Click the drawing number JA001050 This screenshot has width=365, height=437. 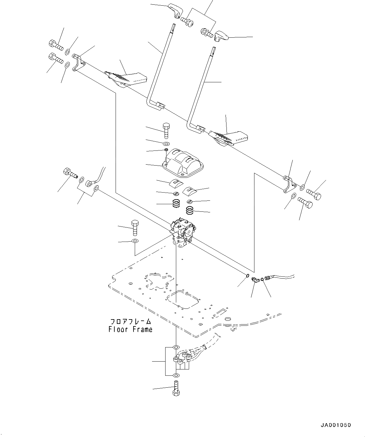335,425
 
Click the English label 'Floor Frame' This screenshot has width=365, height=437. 130,329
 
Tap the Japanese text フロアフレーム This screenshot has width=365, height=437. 130,322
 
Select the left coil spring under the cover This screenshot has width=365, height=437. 176,204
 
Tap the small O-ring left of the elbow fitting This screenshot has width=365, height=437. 248,276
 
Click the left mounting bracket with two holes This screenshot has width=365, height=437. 79,62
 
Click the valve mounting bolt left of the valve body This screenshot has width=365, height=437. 134,227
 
